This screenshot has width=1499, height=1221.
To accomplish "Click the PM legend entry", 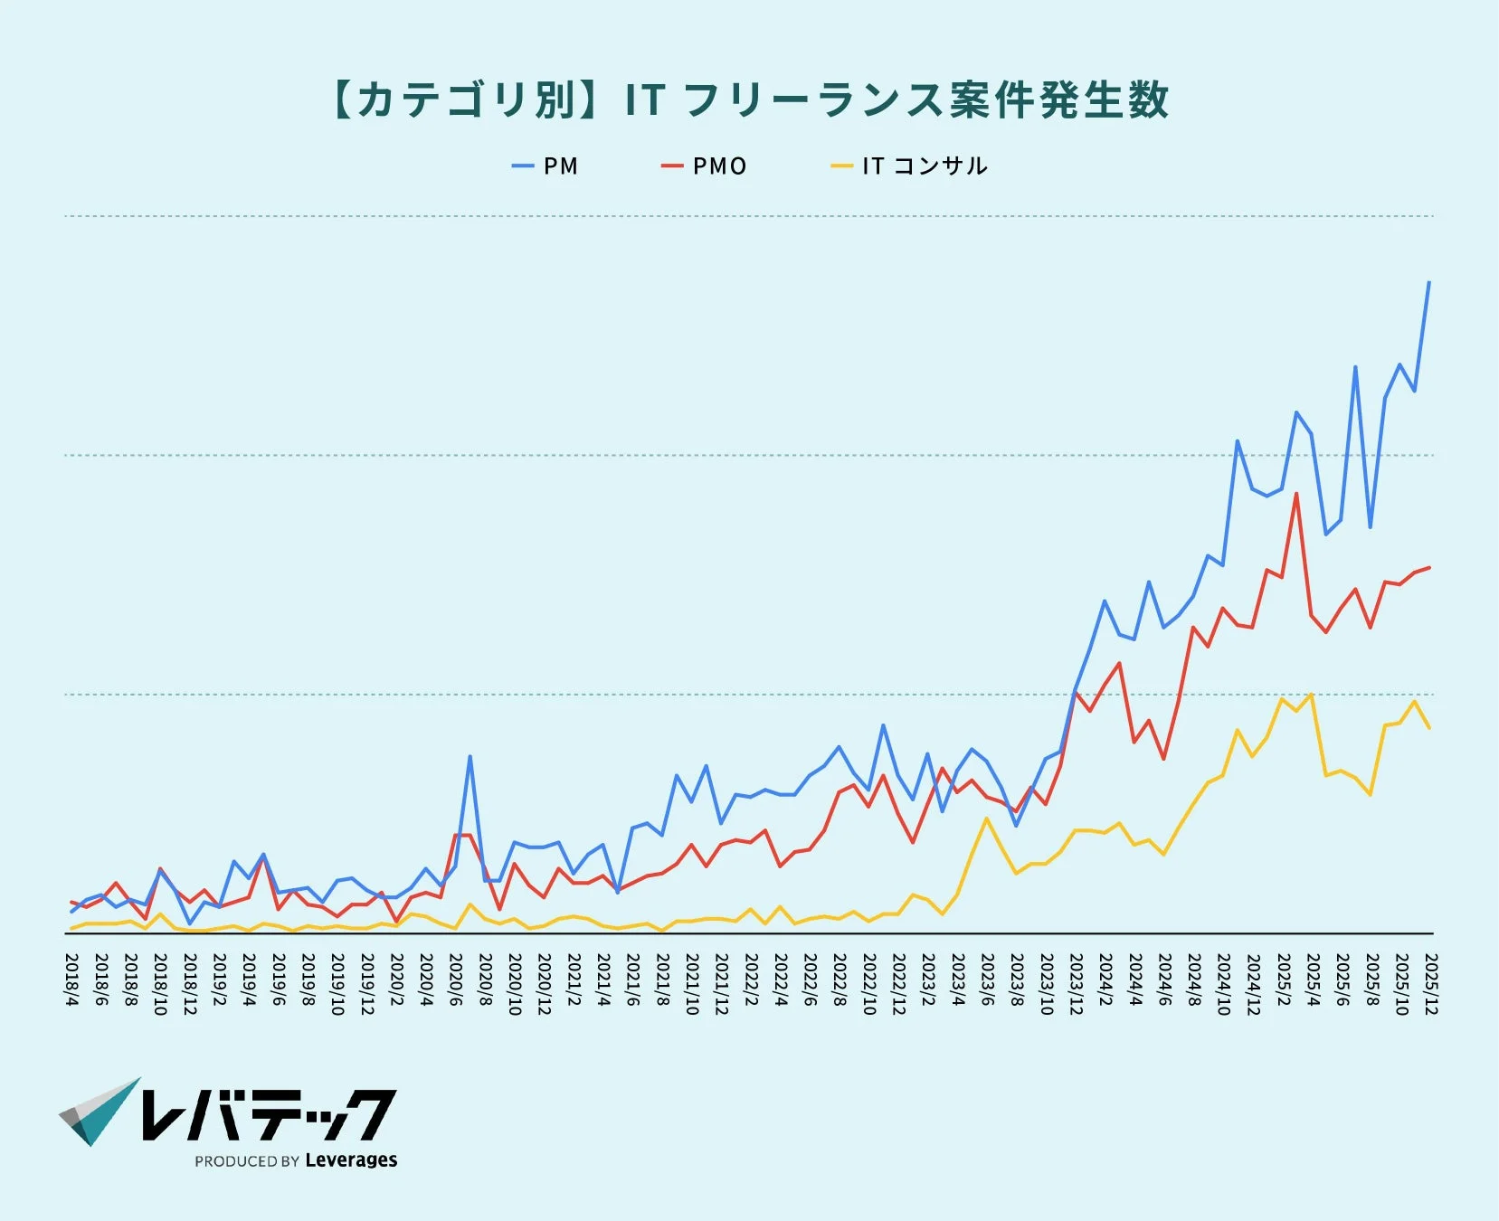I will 546,166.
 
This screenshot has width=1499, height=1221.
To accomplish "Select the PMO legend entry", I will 705,166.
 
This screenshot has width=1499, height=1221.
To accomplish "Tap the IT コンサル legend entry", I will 910,166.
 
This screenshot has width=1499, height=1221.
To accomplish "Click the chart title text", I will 749,99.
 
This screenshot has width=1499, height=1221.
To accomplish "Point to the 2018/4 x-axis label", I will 71,979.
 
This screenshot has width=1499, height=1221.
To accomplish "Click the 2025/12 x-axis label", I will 1430,983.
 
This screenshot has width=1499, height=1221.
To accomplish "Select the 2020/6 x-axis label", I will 455,979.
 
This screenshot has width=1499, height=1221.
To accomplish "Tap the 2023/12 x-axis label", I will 1076,983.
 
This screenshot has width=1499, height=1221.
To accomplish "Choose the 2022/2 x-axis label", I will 751,979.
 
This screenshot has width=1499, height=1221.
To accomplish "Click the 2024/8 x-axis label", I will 1194,979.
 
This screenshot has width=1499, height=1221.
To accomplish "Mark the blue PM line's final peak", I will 1428,282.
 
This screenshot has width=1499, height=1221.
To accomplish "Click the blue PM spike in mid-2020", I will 470,756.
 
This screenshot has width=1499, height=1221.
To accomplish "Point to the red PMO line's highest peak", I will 1296,494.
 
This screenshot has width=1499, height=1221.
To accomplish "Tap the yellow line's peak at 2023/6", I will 987,819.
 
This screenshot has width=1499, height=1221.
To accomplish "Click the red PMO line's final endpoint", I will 1429,567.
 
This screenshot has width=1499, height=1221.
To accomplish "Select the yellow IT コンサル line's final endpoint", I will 1429,728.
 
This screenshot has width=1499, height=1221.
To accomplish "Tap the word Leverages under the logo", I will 351,1160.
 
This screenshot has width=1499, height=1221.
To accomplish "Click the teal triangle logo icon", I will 100,1112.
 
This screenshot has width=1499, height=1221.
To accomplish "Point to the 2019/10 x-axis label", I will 337,983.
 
